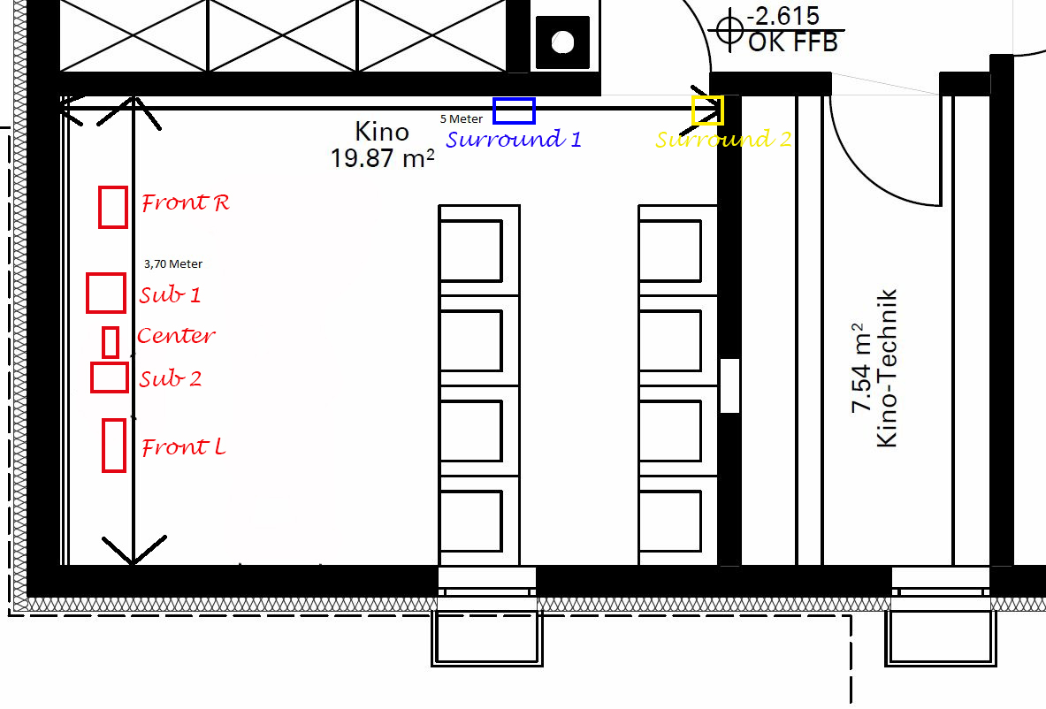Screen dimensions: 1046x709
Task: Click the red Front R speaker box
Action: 100,208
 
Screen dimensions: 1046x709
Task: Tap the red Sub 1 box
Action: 88,293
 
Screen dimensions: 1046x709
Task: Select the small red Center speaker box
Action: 104,342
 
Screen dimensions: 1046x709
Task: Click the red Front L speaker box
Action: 103,445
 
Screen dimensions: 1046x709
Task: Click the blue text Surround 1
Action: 514,139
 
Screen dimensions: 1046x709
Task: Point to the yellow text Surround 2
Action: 724,139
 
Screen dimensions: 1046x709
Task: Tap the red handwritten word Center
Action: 176,335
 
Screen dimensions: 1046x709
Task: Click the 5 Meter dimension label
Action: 461,118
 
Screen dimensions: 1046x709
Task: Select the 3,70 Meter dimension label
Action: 173,264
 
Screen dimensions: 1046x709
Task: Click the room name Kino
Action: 382,132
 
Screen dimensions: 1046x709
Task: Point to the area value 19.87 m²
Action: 383,158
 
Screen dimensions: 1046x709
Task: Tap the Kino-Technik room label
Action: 887,368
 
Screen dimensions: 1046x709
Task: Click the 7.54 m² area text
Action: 861,368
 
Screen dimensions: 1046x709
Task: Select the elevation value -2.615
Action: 783,16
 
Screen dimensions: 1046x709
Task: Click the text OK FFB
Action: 792,42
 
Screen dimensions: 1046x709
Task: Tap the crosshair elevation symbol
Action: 729,30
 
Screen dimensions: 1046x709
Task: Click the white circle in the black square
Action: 563,42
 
